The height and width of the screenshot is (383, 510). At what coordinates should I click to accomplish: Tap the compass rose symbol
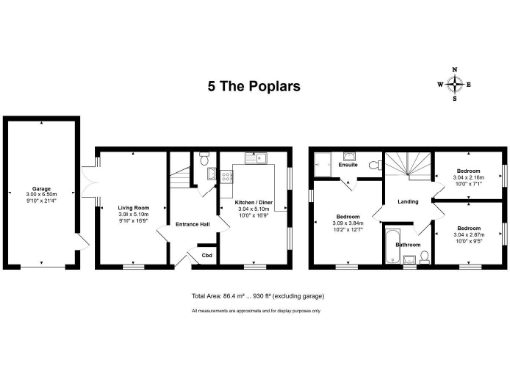click(x=455, y=84)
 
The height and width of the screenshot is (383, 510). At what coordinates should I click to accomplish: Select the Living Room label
click(x=131, y=207)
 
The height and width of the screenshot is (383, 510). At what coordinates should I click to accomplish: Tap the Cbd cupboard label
click(x=207, y=255)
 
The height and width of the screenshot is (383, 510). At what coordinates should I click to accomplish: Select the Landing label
click(x=408, y=201)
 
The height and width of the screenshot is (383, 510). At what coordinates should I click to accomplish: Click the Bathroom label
click(x=408, y=244)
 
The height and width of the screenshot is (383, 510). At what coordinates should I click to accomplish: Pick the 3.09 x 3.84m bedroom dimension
click(x=349, y=223)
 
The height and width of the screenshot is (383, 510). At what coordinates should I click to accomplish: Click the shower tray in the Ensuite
click(x=348, y=159)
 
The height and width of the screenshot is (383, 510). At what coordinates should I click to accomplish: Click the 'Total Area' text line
click(x=257, y=297)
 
